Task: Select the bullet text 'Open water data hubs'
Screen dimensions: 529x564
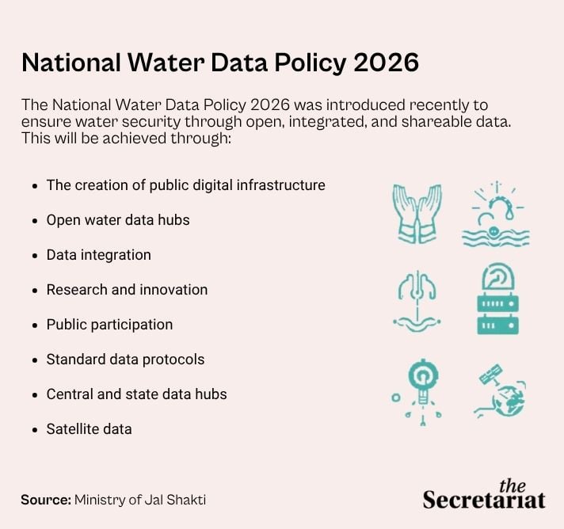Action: (x=118, y=220)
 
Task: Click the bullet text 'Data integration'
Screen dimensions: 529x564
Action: (x=98, y=255)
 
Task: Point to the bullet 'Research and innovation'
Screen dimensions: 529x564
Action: (x=127, y=290)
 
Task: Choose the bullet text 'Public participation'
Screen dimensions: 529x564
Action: (x=109, y=325)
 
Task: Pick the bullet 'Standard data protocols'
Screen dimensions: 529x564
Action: (x=125, y=360)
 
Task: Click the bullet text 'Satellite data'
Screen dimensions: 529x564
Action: (x=89, y=429)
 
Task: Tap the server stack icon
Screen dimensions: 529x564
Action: (x=497, y=299)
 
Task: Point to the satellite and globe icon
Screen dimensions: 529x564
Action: (x=500, y=391)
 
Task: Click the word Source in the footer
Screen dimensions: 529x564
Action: (x=45, y=500)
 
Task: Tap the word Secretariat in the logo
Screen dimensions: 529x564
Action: (x=483, y=500)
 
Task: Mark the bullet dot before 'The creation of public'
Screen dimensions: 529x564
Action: (x=34, y=186)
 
